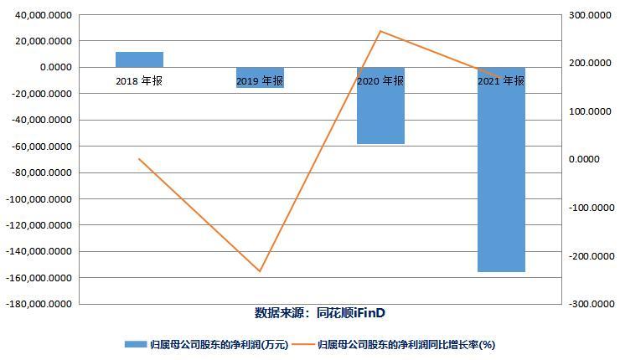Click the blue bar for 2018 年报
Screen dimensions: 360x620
[x=139, y=59]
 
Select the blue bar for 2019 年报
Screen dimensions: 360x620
[x=260, y=77]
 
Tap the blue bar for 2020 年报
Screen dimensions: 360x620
[x=380, y=105]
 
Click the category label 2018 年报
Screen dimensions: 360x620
[x=139, y=81]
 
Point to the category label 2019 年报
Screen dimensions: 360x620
[x=260, y=81]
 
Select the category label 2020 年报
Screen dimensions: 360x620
[x=380, y=81]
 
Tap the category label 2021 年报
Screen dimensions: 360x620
[x=501, y=81]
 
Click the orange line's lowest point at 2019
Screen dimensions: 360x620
[x=260, y=271]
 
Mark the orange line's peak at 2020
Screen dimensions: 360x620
[x=380, y=31]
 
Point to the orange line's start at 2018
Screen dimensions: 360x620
[x=139, y=159]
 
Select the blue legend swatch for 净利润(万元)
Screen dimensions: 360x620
[x=134, y=344]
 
